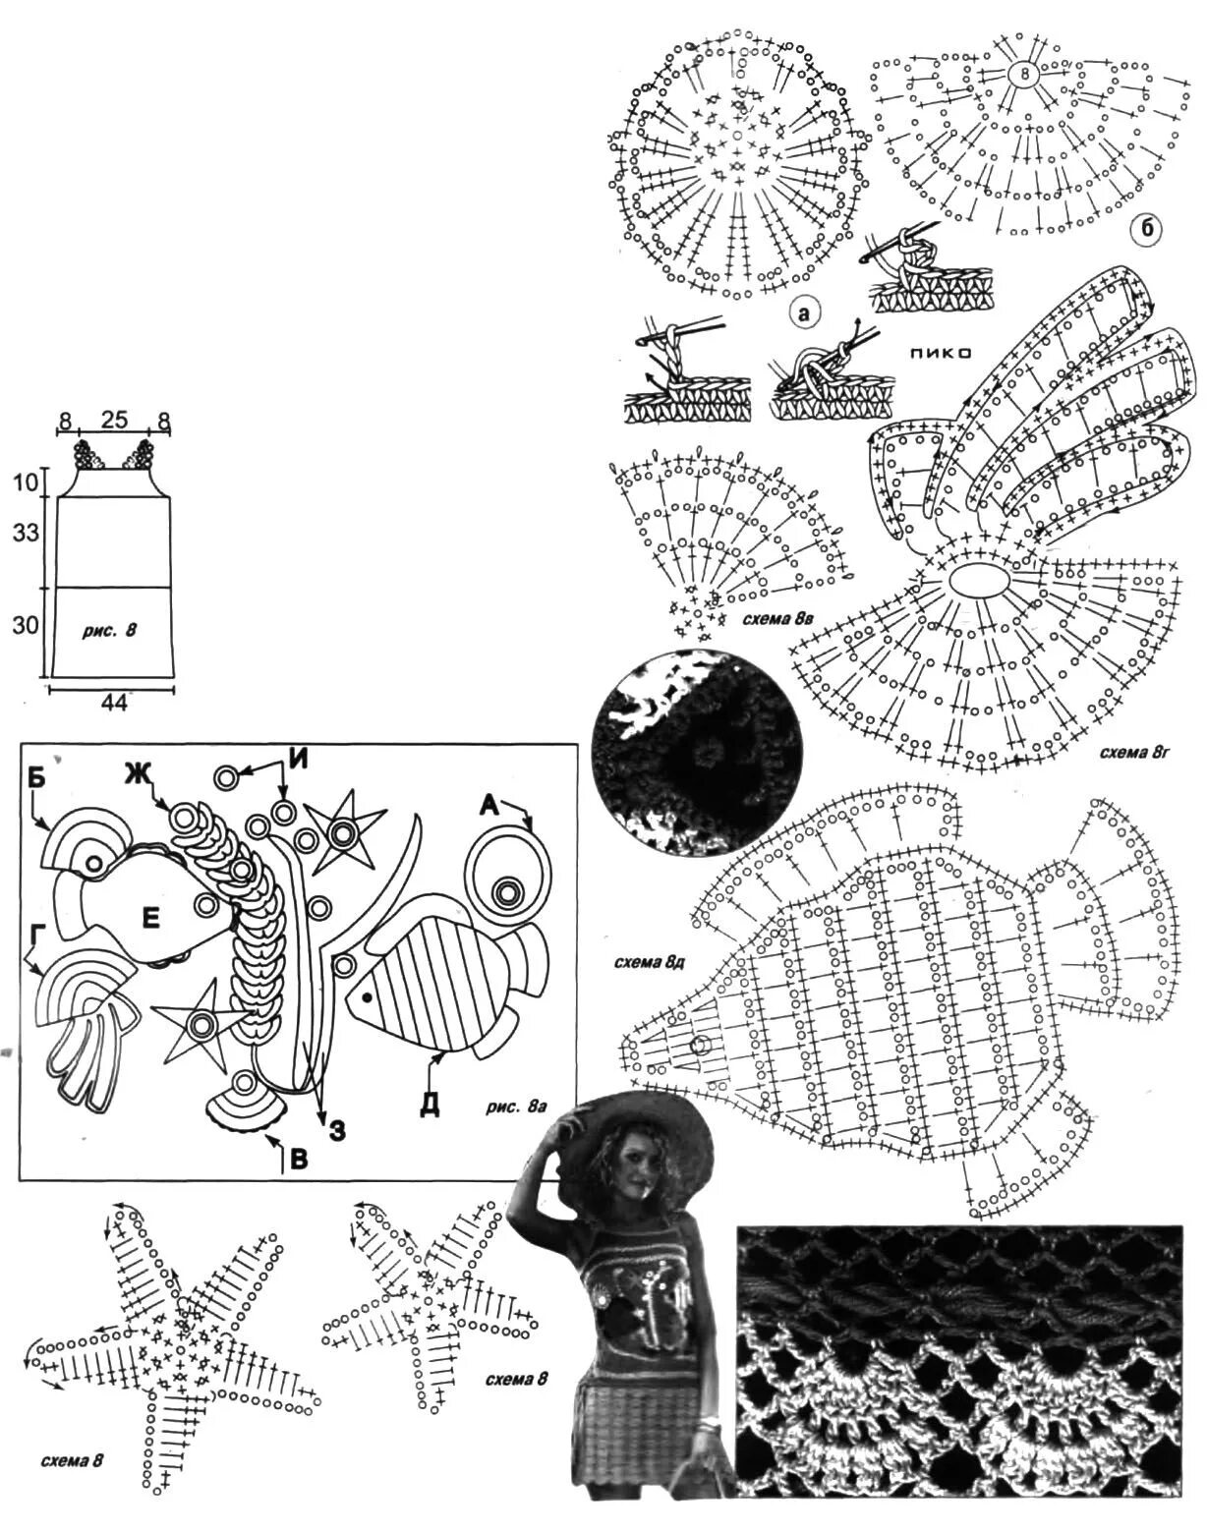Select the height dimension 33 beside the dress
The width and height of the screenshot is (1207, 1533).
(x=27, y=533)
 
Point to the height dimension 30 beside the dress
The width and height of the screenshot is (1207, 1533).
(x=27, y=625)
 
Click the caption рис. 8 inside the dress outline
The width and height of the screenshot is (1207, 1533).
(x=109, y=631)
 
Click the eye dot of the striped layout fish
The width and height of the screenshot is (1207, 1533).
(x=367, y=996)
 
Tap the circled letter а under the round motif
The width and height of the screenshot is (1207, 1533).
(x=804, y=314)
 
